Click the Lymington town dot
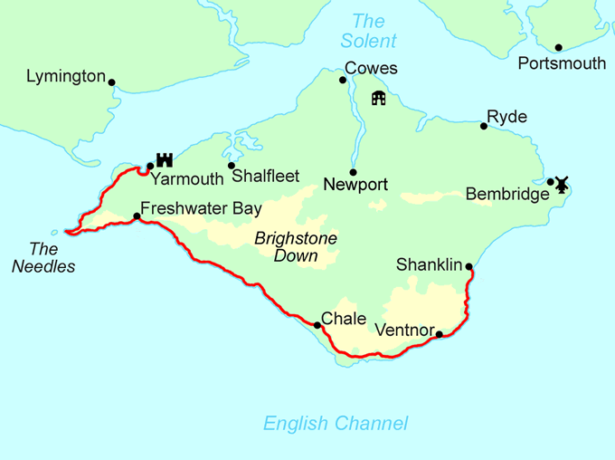(x=112, y=81)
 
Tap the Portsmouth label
(x=562, y=63)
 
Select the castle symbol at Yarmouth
(x=164, y=159)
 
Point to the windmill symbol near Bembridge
(x=561, y=184)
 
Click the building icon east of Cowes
(x=378, y=98)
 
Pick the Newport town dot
(x=353, y=172)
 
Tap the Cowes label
(x=370, y=69)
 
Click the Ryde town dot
(x=484, y=126)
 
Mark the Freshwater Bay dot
(x=137, y=216)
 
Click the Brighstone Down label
(x=296, y=247)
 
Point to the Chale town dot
(x=317, y=324)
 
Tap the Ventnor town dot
(x=440, y=334)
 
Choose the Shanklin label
(x=429, y=265)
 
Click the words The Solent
(x=368, y=31)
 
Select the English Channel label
(x=335, y=423)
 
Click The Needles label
(x=50, y=257)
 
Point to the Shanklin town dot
(x=468, y=266)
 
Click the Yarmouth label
(x=186, y=179)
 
